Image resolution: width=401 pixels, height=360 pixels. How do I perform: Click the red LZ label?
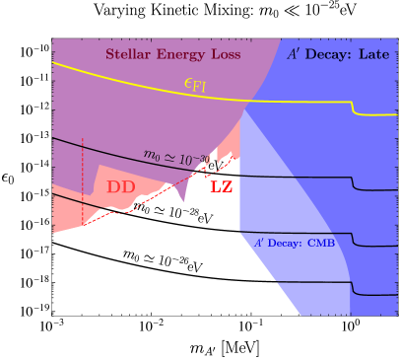click(222, 184)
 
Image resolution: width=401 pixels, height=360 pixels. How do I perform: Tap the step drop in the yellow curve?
click(353, 108)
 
